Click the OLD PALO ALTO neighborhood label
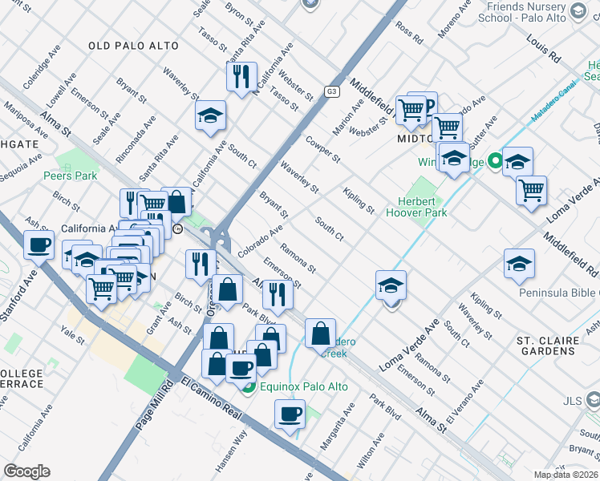pos(134,46)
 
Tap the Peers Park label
pos(69,176)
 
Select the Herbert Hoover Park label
pos(422,208)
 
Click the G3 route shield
pos(331,92)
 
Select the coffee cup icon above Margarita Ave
pos(290,414)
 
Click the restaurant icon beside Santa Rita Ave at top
pos(241,77)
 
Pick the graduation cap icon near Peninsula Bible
pos(519,264)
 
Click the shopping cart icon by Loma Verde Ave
pos(531,191)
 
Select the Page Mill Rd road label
pos(157,407)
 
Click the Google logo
pos(26,471)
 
